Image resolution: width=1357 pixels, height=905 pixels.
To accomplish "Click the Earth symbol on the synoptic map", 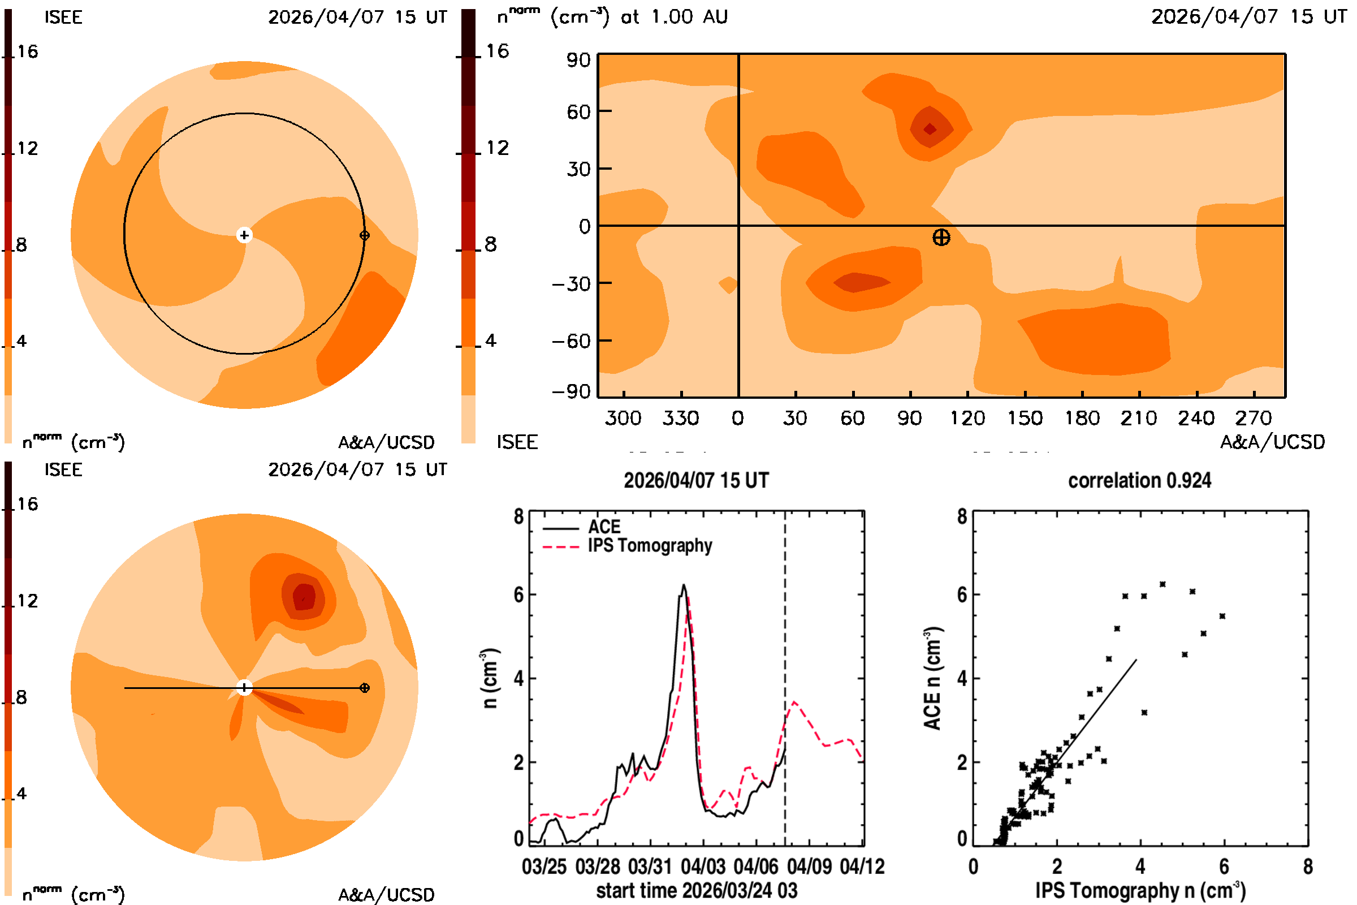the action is point(941,237).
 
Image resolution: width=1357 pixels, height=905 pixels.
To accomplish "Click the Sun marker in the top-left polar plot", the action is point(245,235).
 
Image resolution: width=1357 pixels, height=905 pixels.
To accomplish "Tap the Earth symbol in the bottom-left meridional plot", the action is point(365,688).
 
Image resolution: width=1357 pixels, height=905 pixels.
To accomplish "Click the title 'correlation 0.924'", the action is point(1139,480).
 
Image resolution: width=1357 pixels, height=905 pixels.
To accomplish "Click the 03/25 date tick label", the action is point(544,867).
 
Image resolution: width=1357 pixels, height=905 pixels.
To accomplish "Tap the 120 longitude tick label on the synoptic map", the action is point(967,418).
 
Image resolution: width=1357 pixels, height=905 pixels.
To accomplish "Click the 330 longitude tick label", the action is point(681,418).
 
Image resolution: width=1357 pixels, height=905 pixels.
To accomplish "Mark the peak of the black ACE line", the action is point(684,585).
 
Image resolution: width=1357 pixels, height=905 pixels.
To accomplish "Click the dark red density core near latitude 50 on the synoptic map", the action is point(930,129).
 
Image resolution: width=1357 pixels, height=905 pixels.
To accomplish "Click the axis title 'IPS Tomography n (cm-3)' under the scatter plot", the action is point(1140,890).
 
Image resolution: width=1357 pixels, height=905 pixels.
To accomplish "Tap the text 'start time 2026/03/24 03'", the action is point(697,890).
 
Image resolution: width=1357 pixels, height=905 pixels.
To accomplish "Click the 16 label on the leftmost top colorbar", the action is point(28,51).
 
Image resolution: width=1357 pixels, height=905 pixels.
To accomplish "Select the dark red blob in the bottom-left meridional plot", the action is point(304,596).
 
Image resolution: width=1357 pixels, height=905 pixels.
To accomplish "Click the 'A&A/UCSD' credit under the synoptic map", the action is point(1273,442).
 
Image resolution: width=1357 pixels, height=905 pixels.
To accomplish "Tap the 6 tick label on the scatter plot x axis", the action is point(1224,867).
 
